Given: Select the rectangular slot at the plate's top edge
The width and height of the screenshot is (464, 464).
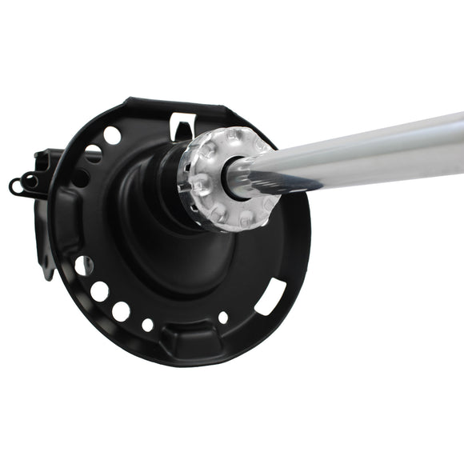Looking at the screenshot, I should [x=182, y=124].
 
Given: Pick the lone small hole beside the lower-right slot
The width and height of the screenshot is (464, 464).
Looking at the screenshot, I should [x=222, y=318].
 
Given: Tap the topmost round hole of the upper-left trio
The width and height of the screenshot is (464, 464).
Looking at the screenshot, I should [x=112, y=135].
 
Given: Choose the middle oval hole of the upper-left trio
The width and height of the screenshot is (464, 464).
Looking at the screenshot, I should [x=94, y=154].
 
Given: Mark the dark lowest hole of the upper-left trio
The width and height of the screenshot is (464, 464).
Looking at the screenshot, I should [x=80, y=178].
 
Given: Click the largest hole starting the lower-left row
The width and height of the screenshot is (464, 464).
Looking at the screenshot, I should [x=83, y=265].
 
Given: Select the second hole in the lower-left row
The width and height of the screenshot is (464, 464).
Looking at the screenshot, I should [x=99, y=291].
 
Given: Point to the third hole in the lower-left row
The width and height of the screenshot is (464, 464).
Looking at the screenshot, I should [x=121, y=310].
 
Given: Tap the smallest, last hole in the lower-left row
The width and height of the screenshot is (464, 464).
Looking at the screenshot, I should [x=147, y=324].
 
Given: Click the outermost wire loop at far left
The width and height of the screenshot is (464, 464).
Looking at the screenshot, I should [x=15, y=186].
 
